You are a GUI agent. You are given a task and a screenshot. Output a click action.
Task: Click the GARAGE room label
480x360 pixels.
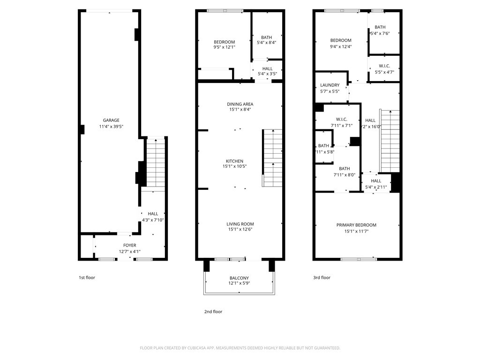[x=111, y=120]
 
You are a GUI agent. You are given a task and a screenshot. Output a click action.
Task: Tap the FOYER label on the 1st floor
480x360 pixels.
[x=129, y=245]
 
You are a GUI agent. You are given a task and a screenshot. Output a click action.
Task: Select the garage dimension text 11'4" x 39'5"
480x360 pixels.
[x=111, y=127]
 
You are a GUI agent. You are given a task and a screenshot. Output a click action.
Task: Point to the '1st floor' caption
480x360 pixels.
[x=87, y=277]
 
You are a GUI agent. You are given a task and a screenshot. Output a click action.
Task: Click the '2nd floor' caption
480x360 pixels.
[x=213, y=312]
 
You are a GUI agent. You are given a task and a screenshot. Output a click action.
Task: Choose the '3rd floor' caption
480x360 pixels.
[x=322, y=277]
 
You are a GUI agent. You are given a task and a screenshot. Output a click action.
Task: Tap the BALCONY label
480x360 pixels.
[x=239, y=278]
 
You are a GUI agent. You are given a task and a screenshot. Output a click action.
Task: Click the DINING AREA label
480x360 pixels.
[x=240, y=104]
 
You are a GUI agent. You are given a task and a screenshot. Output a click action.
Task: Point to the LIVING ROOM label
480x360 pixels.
[x=240, y=224]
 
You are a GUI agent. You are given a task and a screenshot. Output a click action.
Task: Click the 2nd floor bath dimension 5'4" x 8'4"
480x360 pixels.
[x=266, y=43]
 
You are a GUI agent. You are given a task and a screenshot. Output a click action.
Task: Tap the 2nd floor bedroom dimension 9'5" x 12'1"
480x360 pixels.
[x=224, y=47]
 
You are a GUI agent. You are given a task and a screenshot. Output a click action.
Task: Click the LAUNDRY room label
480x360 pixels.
[x=330, y=85]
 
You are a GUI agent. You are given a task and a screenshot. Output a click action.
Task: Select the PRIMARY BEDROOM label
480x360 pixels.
[x=356, y=225]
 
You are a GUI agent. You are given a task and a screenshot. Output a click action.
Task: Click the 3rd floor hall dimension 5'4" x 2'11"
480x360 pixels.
[x=376, y=187]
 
